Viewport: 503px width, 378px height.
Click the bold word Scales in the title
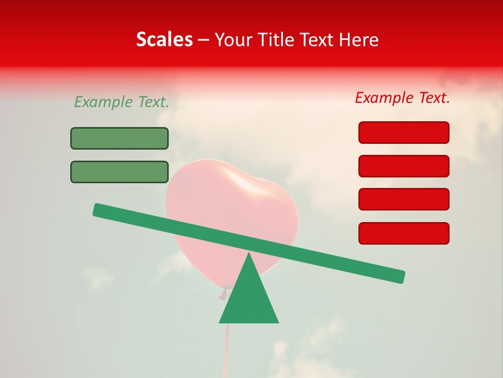tap(164, 39)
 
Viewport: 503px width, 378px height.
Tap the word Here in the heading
tap(358, 39)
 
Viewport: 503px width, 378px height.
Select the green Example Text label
tap(122, 102)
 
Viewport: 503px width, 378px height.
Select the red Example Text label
tap(402, 98)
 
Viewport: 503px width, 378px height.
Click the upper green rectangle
tap(119, 138)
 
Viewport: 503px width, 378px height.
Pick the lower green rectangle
tap(119, 172)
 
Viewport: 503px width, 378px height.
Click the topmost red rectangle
tap(403, 132)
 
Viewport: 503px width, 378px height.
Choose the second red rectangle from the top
tap(403, 166)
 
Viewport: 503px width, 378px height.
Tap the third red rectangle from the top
tap(403, 199)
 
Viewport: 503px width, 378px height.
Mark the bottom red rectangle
tap(403, 233)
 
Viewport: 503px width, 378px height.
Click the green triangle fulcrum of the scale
tap(249, 299)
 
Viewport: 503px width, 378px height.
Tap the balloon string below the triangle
tap(226, 346)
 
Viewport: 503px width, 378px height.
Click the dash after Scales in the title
tap(204, 40)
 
